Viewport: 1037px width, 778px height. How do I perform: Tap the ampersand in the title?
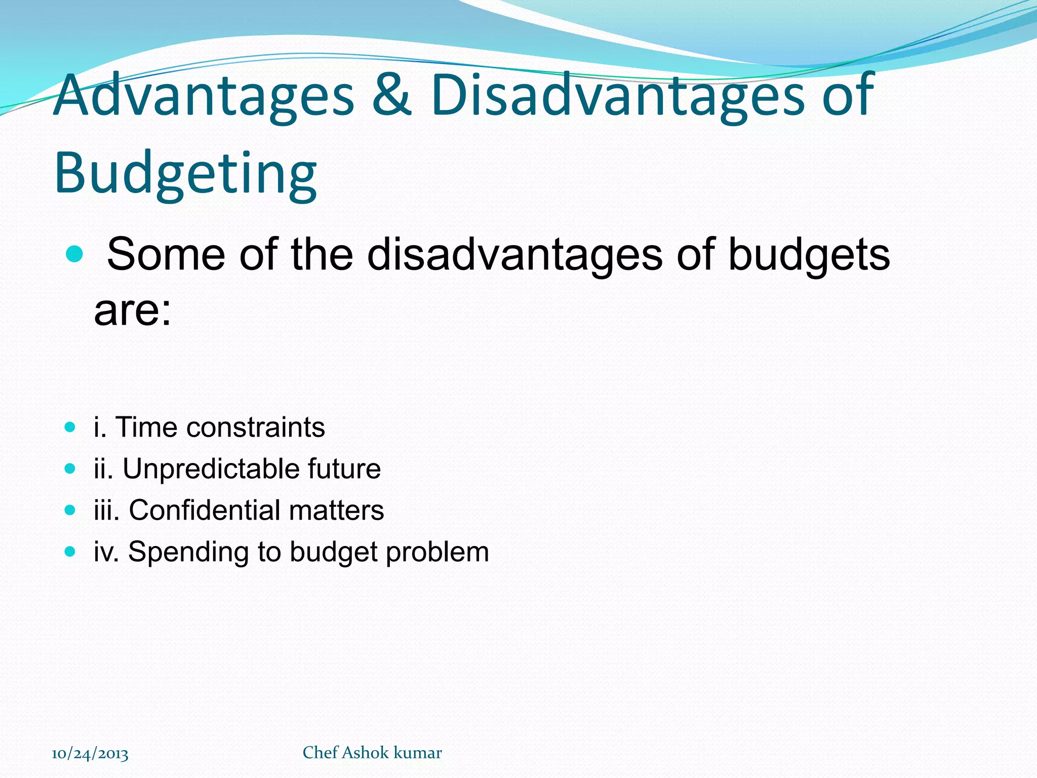coord(391,95)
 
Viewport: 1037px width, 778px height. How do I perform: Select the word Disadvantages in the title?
coord(618,95)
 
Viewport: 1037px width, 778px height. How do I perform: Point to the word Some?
coord(166,254)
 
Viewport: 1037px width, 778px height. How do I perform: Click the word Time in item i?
coord(146,427)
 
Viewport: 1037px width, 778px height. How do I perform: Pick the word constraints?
coord(256,427)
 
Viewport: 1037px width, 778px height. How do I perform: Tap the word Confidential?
coord(205,510)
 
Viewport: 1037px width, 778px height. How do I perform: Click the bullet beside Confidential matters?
coord(70,510)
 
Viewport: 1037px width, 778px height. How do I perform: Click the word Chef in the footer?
coord(320,753)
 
